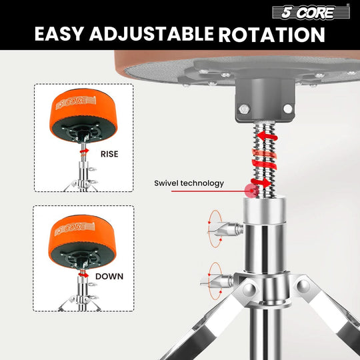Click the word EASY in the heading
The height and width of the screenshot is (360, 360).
[63, 35]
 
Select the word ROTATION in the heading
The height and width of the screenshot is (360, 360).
[273, 35]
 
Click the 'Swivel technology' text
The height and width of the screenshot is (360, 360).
[189, 183]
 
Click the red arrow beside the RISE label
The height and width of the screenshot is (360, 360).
[83, 152]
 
